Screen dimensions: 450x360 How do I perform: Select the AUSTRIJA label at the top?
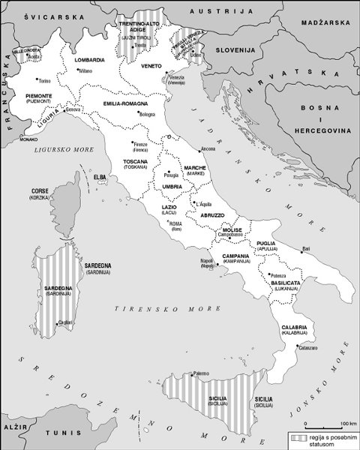click(x=211, y=12)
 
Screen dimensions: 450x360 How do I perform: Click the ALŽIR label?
click(x=13, y=424)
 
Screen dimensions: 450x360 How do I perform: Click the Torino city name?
click(x=44, y=80)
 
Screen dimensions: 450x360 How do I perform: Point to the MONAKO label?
click(x=28, y=139)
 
